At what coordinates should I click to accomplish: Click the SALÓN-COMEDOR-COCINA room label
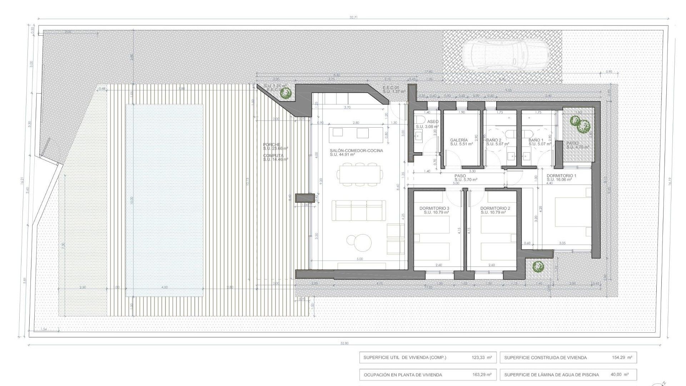click(356, 151)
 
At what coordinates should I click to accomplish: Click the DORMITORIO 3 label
click(434, 208)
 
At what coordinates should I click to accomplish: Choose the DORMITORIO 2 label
click(495, 208)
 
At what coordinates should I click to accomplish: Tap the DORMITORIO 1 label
click(561, 176)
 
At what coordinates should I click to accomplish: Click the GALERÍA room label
click(459, 140)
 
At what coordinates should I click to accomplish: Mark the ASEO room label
click(433, 122)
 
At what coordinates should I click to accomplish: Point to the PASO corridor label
click(460, 176)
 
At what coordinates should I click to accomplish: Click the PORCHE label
click(272, 145)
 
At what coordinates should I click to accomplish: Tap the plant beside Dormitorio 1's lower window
click(538, 266)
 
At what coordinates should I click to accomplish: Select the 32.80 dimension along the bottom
click(344, 343)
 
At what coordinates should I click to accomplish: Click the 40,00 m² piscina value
click(620, 375)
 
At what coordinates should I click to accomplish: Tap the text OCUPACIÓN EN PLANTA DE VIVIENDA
click(403, 375)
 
